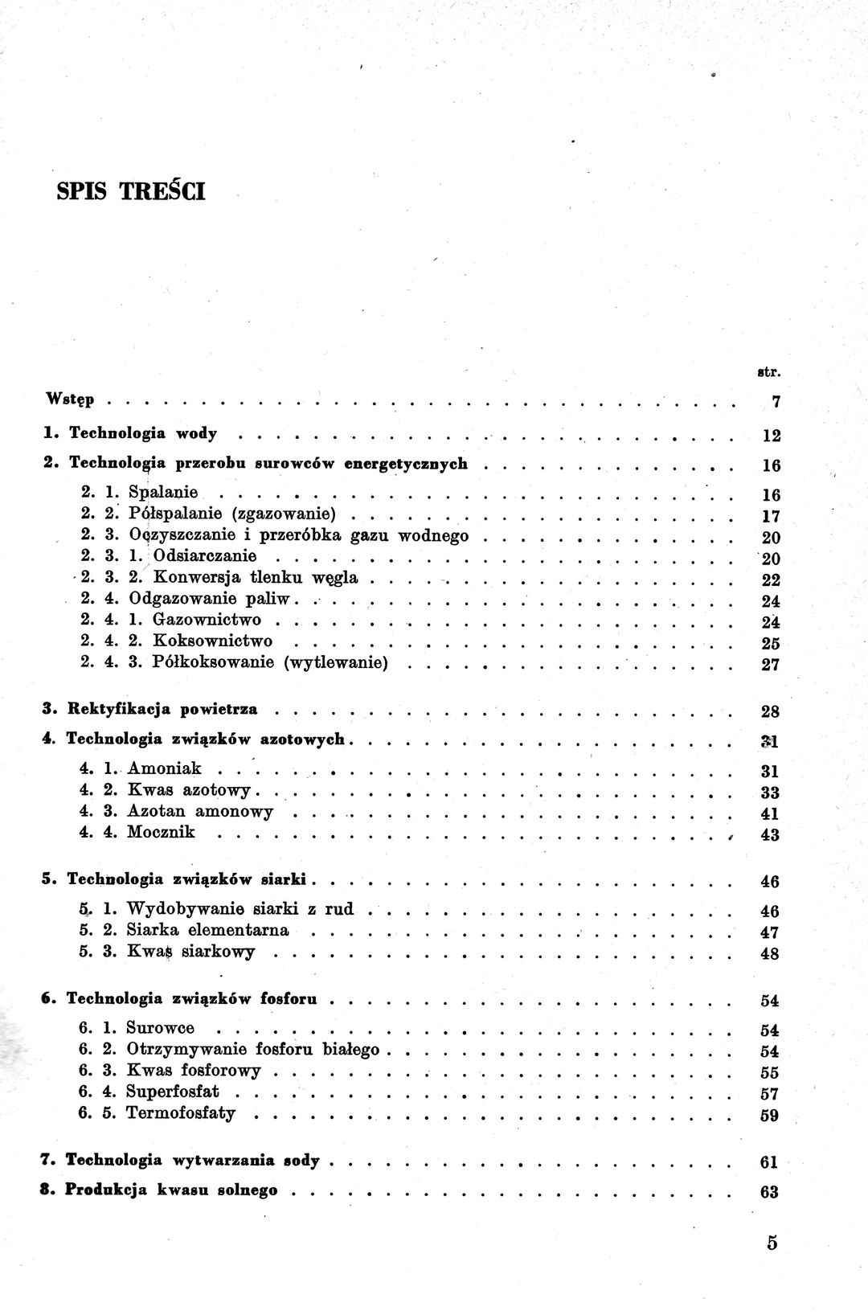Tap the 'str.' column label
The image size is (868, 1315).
769,372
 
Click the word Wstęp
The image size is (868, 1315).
70,399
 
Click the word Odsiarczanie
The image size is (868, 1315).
204,555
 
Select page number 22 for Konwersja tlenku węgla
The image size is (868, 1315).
770,580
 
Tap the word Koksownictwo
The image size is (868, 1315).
212,641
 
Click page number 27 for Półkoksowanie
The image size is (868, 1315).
770,666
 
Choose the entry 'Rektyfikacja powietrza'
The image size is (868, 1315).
163,709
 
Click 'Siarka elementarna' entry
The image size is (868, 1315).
207,930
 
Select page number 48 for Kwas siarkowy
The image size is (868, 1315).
769,955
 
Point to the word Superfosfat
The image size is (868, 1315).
173,1092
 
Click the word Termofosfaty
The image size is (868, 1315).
181,1113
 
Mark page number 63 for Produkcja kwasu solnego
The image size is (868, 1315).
769,1192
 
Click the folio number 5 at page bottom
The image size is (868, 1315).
772,1243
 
